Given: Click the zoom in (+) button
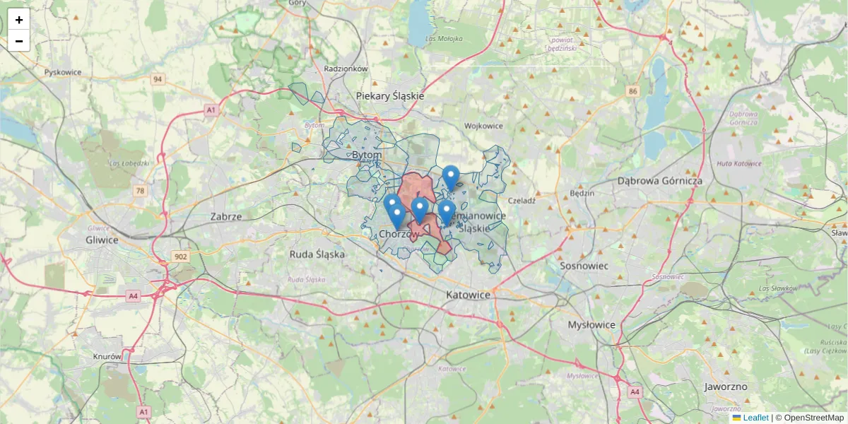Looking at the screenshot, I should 19,20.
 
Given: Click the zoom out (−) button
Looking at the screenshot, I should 19,41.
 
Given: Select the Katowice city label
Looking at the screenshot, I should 468,294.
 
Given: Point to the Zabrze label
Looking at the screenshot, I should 226,216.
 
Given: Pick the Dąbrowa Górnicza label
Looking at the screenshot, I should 660,181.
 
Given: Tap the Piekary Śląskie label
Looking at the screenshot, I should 389,95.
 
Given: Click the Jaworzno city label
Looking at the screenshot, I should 726,387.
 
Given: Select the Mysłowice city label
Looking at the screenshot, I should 592,324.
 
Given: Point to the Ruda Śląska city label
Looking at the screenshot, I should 317,254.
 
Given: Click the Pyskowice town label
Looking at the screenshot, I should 63,72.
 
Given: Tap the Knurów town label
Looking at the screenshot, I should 107,357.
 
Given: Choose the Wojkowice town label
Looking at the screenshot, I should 483,126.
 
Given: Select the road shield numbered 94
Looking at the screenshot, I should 157,79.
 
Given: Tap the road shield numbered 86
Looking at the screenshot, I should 632,91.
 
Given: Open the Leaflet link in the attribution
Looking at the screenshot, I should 755,418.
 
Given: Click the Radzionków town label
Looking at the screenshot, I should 346,69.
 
